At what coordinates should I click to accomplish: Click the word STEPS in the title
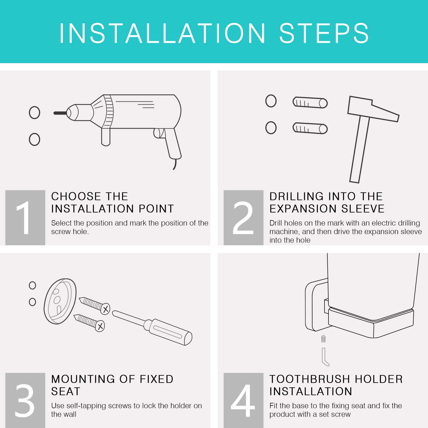[324, 33]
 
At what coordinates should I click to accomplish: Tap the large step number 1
[24, 218]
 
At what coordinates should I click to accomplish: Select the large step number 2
[243, 218]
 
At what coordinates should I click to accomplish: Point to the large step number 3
[24, 400]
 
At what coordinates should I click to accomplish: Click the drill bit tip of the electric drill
[54, 113]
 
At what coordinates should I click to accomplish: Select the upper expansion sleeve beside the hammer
[310, 102]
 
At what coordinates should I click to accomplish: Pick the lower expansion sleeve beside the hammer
[310, 128]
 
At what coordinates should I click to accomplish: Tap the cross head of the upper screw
[105, 309]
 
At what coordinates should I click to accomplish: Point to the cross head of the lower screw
[100, 326]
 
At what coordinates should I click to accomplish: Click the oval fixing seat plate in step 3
[60, 301]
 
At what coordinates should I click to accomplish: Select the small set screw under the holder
[323, 339]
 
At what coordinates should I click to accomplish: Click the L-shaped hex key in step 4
[324, 357]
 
